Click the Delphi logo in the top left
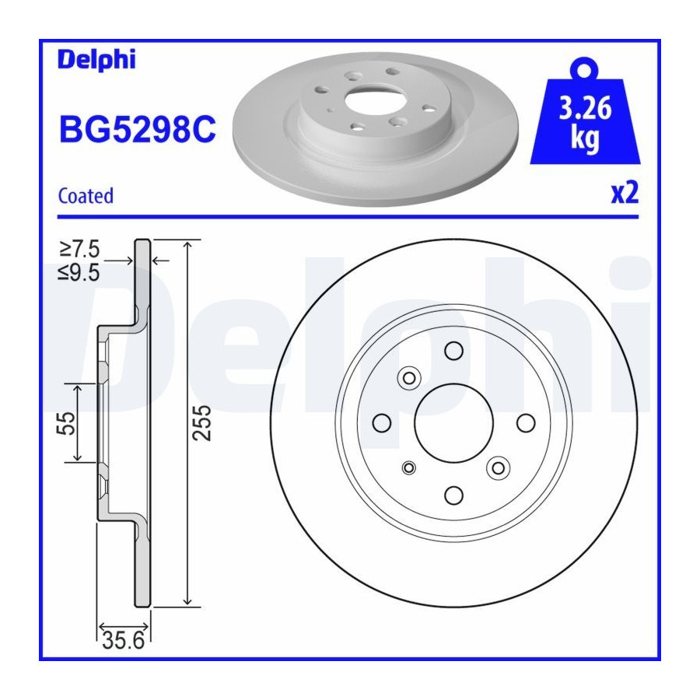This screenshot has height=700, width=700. (96, 60)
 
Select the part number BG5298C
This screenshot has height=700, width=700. (138, 129)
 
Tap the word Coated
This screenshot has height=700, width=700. (86, 196)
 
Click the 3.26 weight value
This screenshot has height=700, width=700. (585, 108)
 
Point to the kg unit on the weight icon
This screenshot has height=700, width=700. (585, 138)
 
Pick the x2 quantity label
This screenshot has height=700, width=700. (625, 194)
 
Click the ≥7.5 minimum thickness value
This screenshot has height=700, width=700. (79, 249)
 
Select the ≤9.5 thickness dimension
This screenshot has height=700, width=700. (79, 272)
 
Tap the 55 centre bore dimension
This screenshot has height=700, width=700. (65, 423)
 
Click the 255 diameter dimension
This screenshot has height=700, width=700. (201, 423)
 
